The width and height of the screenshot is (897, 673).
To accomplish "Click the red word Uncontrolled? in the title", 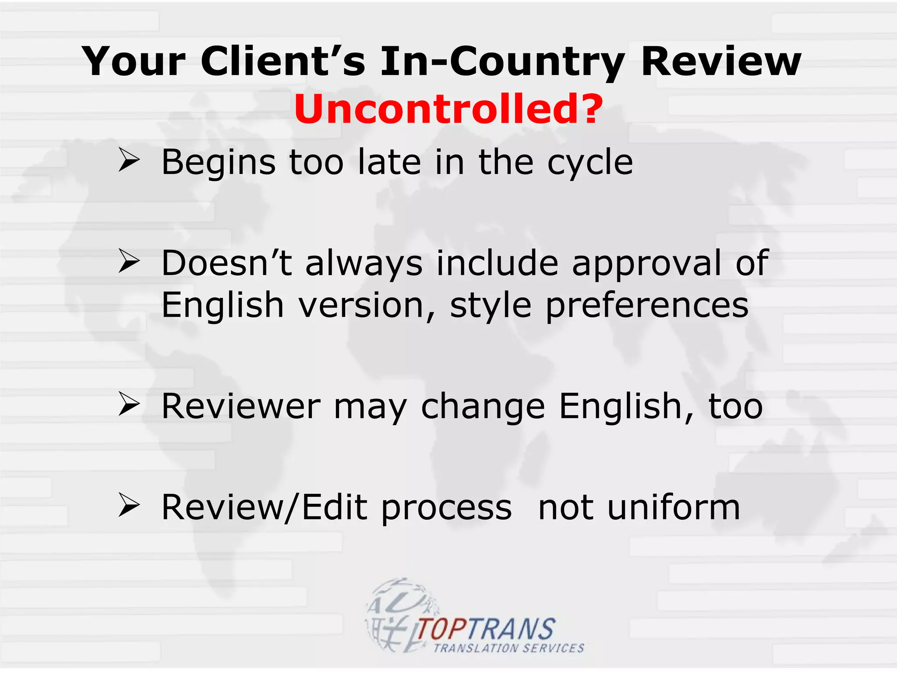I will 448,109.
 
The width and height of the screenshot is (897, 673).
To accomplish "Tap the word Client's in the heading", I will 283,61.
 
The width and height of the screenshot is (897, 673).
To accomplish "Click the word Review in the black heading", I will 721,61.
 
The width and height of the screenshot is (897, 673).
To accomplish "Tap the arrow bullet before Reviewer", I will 129,404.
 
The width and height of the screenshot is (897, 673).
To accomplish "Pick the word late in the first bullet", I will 389,162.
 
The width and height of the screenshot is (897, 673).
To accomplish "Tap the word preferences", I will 647,306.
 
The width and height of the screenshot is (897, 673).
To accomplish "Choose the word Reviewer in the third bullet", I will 241,406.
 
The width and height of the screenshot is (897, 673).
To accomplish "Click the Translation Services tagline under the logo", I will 509,648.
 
